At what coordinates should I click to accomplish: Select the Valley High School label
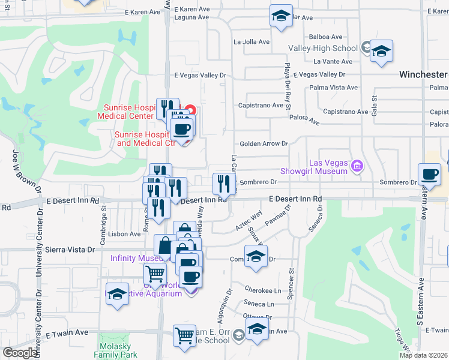323,48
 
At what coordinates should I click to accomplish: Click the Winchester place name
423,74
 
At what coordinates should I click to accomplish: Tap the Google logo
20,353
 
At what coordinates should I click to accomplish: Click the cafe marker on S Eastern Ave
429,175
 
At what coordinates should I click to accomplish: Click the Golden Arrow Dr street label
264,144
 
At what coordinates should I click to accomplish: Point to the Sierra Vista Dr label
67,249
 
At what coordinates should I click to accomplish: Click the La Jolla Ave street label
252,41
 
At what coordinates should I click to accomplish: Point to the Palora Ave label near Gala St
306,120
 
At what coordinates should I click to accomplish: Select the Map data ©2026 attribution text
423,355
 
